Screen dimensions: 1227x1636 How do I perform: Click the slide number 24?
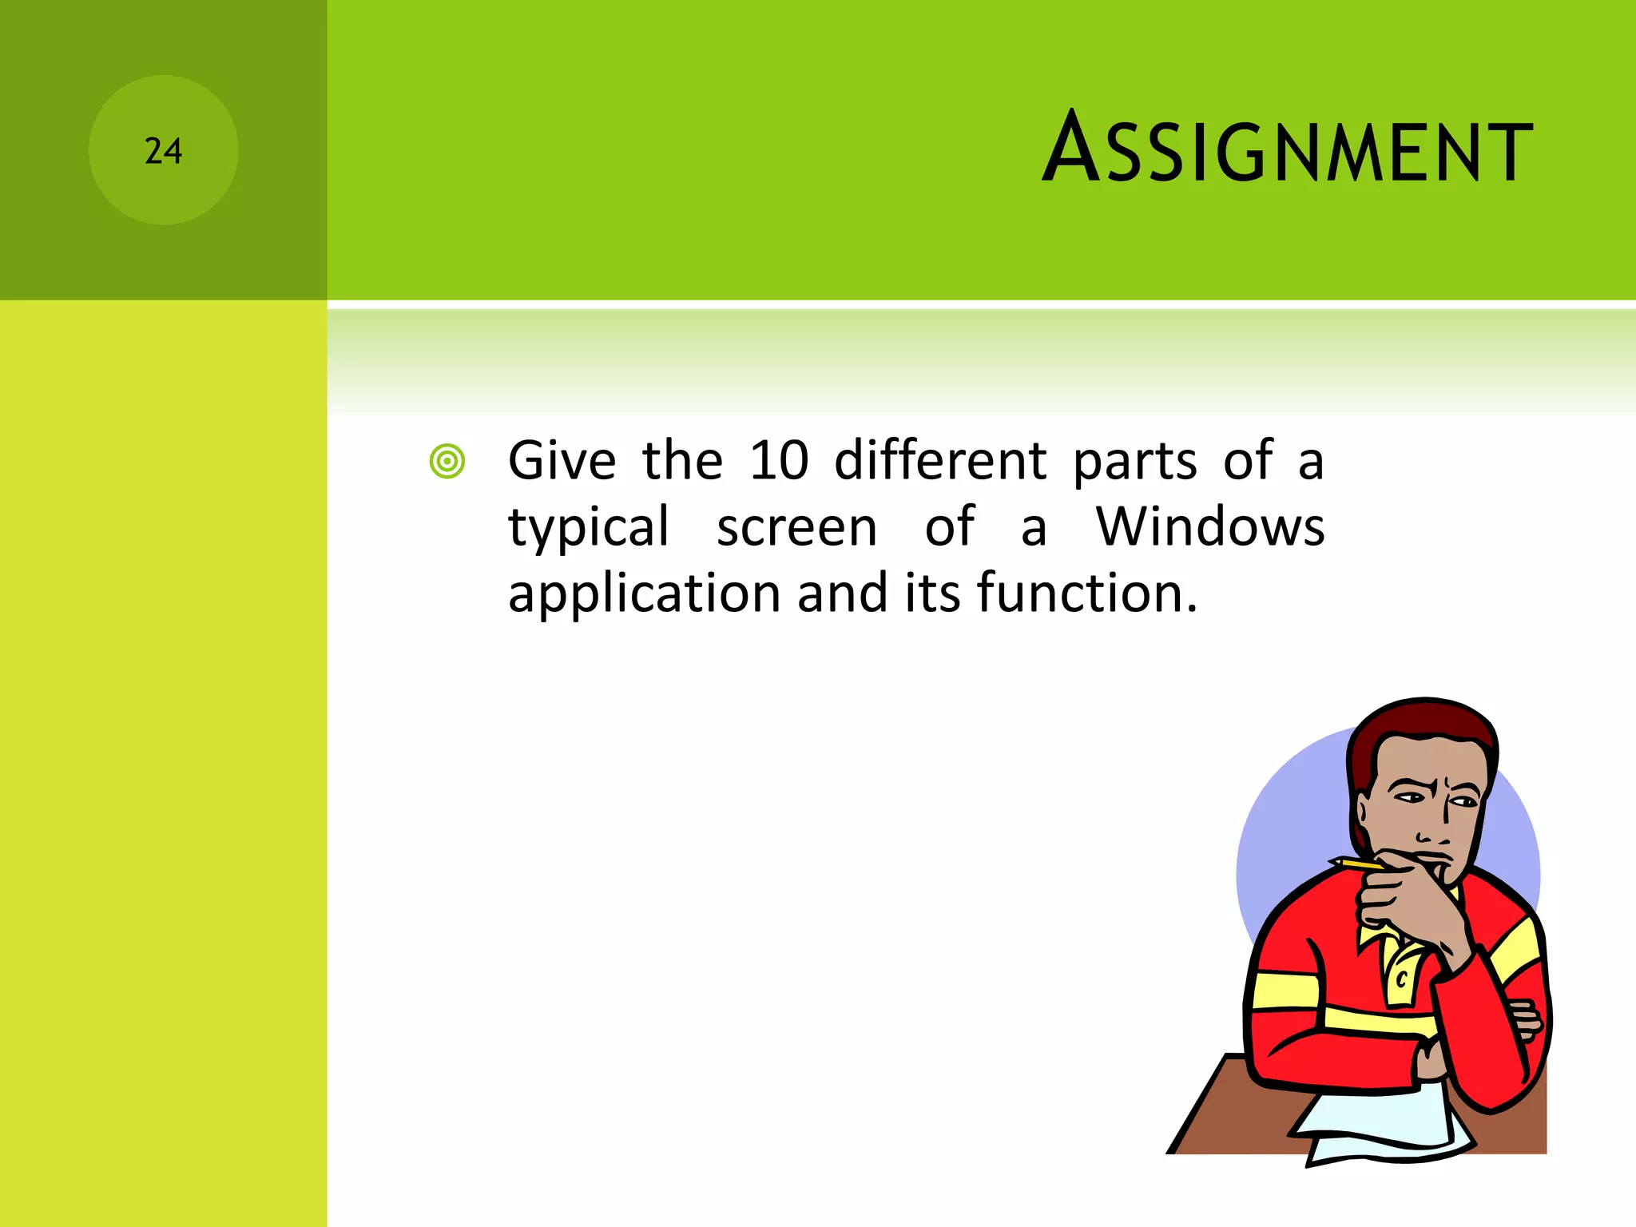[163, 151]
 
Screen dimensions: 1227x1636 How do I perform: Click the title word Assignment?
[1287, 149]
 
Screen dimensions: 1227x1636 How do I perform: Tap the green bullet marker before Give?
[447, 462]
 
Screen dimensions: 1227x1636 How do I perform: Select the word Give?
[562, 461]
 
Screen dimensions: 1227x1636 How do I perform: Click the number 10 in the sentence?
[779, 461]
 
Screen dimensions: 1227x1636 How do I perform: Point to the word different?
[940, 461]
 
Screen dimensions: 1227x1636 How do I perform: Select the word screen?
[796, 528]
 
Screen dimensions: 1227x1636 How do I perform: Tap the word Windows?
[1209, 527]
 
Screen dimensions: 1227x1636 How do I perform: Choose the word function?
[1086, 594]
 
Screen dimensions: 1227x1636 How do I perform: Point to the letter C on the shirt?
[1400, 978]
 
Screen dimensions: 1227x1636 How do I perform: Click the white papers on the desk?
[1382, 1126]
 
